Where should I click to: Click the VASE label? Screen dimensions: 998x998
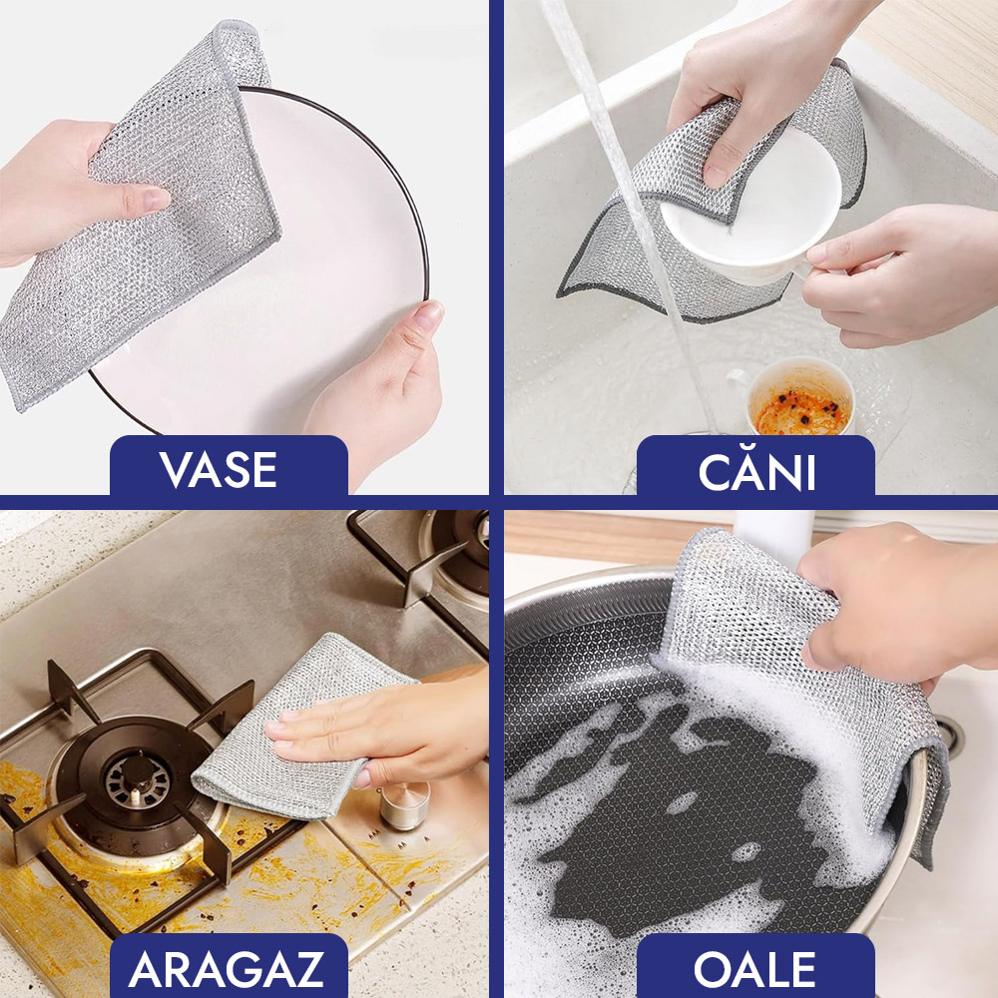coord(219,470)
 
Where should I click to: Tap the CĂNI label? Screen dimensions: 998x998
coord(756,470)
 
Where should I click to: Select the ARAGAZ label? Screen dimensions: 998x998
coord(227,969)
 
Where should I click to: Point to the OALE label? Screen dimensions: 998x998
coord(754,969)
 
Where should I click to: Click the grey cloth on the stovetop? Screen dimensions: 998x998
coord(299,726)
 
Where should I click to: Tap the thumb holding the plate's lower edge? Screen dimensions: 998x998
coord(417,331)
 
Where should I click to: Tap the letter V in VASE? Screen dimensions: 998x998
coord(177,470)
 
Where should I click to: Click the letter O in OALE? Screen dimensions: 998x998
coord(713,969)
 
